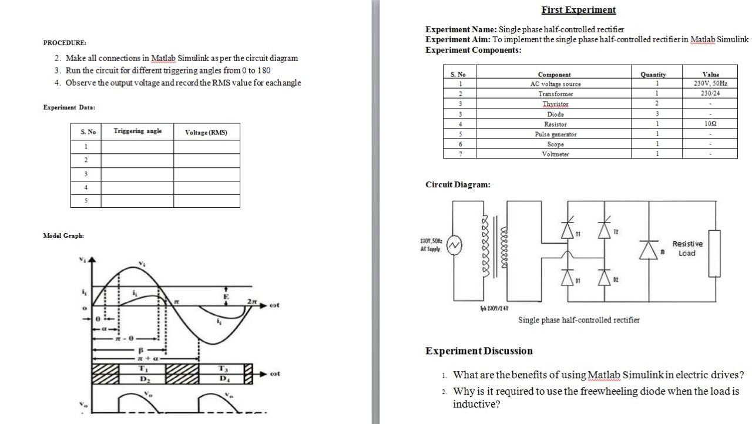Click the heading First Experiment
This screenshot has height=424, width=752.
pyautogui.click(x=578, y=10)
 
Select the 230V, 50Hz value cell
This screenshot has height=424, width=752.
pyautogui.click(x=710, y=83)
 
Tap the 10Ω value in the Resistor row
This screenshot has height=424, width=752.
pyautogui.click(x=710, y=124)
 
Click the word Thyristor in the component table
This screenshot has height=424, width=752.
pyautogui.click(x=555, y=104)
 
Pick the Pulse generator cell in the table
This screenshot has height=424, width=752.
pyautogui.click(x=555, y=134)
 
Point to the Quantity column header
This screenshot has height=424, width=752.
pyautogui.click(x=653, y=75)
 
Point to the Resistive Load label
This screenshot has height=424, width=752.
pyautogui.click(x=687, y=248)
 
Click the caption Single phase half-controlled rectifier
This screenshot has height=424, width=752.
pyautogui.click(x=578, y=320)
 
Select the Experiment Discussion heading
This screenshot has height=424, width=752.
pyautogui.click(x=479, y=351)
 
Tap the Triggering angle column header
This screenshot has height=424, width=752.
pyautogui.click(x=137, y=131)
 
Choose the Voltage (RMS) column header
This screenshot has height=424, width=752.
pyautogui.click(x=206, y=133)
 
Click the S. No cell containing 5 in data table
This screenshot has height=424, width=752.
pyautogui.click(x=86, y=201)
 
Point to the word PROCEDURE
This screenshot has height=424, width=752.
pyautogui.click(x=65, y=43)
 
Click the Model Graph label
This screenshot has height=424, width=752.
pyautogui.click(x=63, y=235)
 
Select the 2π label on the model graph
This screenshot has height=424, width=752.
pyautogui.click(x=251, y=301)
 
